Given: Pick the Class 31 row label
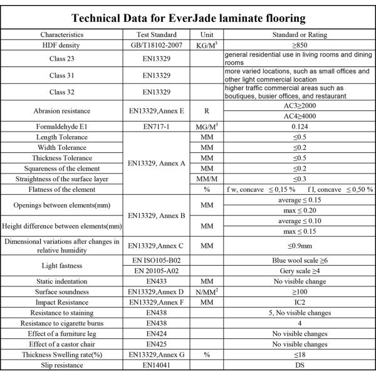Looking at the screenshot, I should pyautogui.click(x=65, y=76).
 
